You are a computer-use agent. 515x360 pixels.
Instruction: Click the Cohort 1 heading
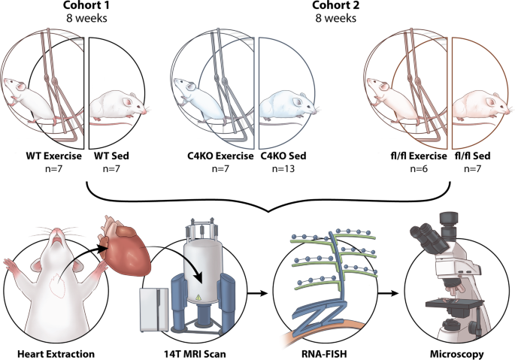click(x=86, y=5)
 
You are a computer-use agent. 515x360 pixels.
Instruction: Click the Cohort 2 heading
click(x=335, y=5)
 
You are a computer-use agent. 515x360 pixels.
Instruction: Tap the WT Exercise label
click(x=54, y=156)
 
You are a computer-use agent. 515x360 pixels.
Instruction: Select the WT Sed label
click(x=112, y=156)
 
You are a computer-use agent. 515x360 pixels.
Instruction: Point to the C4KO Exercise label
click(x=220, y=156)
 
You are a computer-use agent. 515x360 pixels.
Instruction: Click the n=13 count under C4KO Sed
click(x=283, y=169)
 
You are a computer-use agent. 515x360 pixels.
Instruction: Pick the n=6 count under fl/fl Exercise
click(x=419, y=169)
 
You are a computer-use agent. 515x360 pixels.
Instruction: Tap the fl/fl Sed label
click(x=473, y=156)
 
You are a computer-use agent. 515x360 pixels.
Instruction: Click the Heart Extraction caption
click(x=56, y=354)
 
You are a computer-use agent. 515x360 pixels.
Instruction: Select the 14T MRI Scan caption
click(x=195, y=354)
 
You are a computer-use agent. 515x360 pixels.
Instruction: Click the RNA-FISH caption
click(x=324, y=354)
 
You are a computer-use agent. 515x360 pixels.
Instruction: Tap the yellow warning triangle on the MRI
click(x=198, y=298)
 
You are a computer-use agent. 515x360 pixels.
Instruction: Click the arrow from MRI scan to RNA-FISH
click(x=257, y=293)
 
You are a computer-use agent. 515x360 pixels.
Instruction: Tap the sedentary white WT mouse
click(x=118, y=106)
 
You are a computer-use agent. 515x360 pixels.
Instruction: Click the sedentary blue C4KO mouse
click(x=288, y=106)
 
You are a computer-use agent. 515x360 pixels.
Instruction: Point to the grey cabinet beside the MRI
click(x=154, y=310)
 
